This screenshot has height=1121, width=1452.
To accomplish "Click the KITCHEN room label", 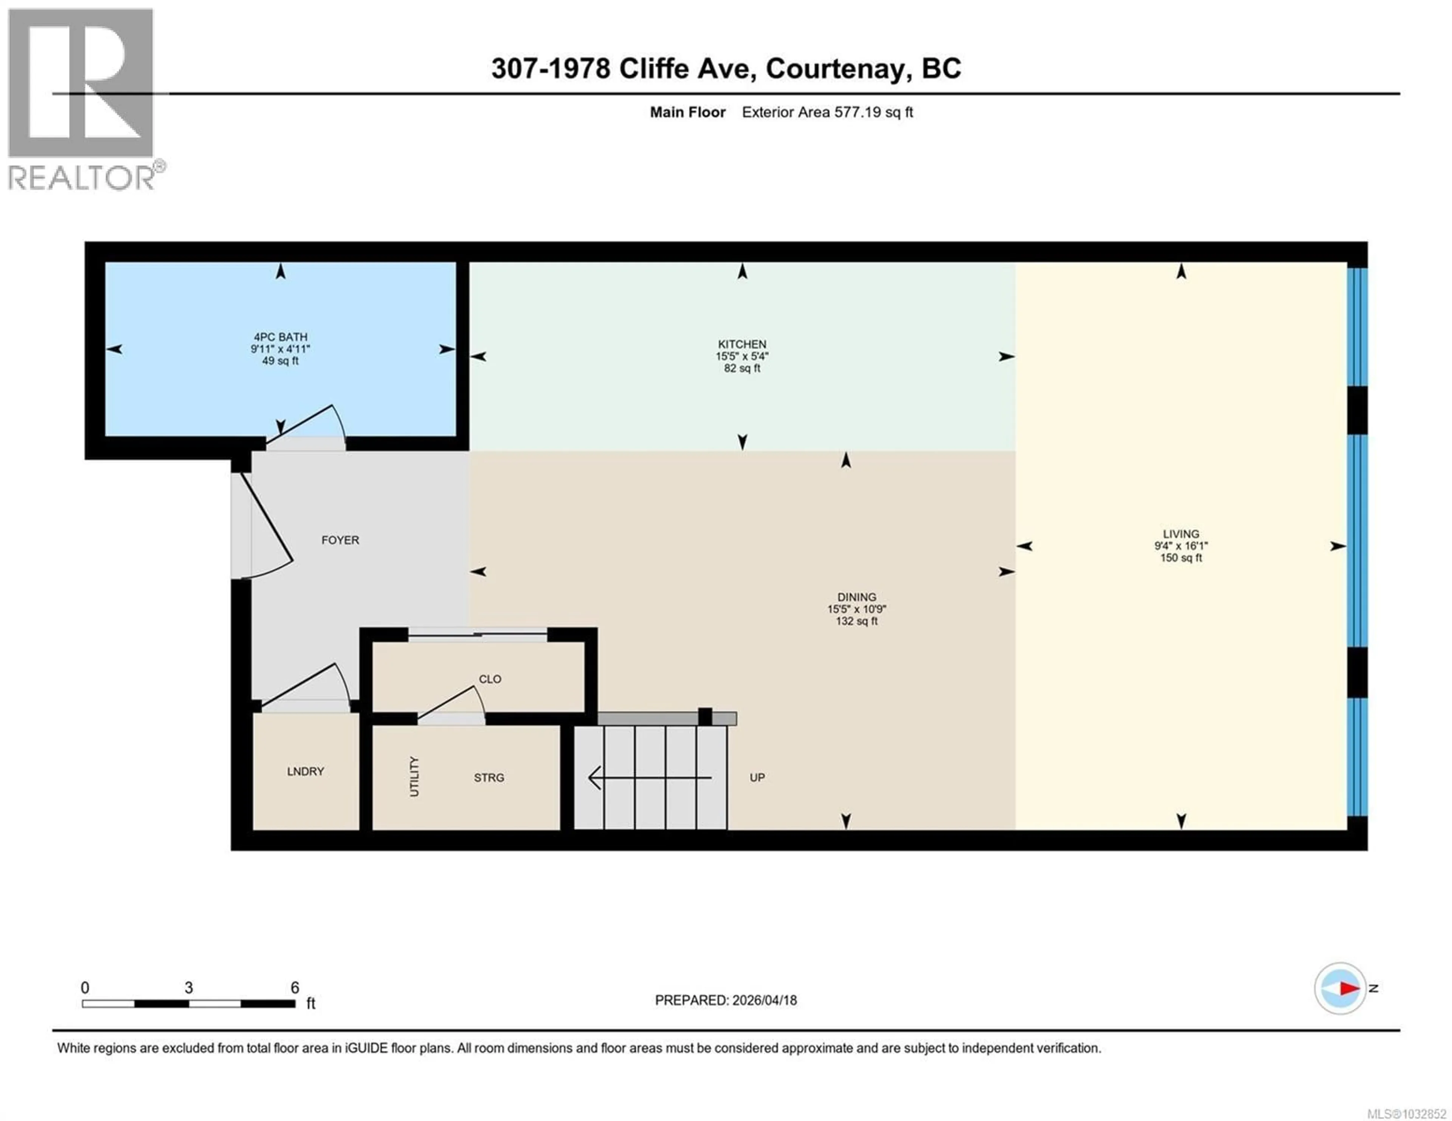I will pos(742,344).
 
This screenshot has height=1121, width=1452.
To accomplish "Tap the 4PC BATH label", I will pos(280,337).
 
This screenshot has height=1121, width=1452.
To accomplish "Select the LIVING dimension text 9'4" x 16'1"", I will pos(1181,546).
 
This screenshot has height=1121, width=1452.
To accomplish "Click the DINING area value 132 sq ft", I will pos(856,621).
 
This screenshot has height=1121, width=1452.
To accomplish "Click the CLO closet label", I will pos(490,679).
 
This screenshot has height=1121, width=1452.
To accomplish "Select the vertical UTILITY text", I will pos(414,776).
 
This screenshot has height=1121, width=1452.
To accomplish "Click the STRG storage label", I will pos(489,778).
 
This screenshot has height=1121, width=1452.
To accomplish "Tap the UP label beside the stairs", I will pos(757,778).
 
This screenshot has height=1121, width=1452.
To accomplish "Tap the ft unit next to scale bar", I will pos(310,1003).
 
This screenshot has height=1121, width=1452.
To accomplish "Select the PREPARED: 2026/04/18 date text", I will pos(725,1000).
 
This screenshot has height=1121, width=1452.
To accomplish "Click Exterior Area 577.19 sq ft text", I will pos(827,112).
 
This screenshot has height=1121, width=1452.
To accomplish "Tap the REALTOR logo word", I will pos(81,178).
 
